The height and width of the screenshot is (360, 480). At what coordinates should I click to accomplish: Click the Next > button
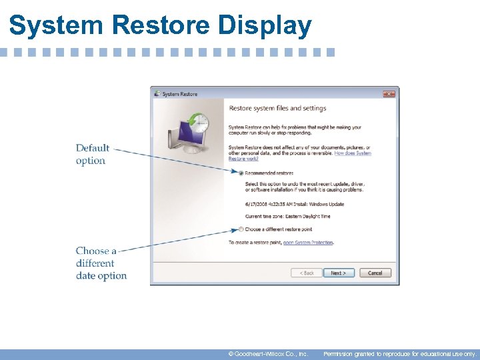[x=338, y=273]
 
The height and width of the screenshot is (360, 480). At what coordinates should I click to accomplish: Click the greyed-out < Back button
[x=306, y=273]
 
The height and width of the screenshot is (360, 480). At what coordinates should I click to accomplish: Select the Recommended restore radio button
[x=241, y=173]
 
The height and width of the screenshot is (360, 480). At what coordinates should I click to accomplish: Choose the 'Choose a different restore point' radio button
[x=241, y=229]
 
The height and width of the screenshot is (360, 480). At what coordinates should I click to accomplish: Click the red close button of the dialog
[x=389, y=94]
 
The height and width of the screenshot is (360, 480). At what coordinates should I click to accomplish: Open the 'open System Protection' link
[x=308, y=242]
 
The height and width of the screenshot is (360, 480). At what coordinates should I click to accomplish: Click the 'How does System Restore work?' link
[x=352, y=153]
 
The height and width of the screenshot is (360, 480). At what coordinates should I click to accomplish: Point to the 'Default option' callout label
[x=91, y=154]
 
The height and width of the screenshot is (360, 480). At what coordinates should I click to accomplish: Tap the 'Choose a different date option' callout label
[x=101, y=263]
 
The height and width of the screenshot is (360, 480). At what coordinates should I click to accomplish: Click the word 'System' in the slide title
[x=55, y=25]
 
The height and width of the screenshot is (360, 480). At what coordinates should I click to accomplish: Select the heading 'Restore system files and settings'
[x=277, y=108]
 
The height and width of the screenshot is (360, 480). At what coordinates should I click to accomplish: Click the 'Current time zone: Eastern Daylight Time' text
[x=287, y=216]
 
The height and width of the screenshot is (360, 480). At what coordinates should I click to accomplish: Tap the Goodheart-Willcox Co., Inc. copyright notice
[x=267, y=354]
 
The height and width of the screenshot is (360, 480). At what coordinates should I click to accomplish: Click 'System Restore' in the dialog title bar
[x=180, y=94]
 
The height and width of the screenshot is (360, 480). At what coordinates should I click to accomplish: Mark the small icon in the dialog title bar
[x=157, y=94]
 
